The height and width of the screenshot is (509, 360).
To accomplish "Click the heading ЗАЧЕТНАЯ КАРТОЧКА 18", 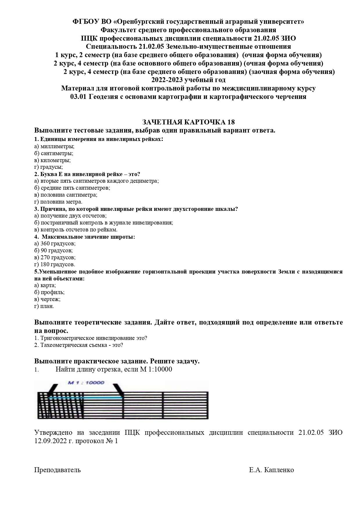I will [x=188, y=122].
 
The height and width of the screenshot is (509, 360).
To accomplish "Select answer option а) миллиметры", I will [x=54, y=146].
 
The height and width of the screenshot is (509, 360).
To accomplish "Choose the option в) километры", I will [x=52, y=160].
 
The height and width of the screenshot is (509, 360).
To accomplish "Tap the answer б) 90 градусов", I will [x=53, y=250].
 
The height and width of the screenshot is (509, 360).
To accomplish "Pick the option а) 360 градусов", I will [x=55, y=243].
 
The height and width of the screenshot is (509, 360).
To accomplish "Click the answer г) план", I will [x=44, y=306].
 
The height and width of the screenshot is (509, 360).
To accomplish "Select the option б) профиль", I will [x=49, y=292].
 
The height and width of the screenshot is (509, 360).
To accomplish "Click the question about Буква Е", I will [x=87, y=174].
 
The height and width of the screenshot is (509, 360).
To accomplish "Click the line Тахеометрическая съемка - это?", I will [x=79, y=345].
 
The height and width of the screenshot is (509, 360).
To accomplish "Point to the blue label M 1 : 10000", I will [x=86, y=383].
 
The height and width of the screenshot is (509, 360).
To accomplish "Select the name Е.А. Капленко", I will [x=271, y=470].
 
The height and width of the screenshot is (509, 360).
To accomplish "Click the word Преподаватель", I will [x=57, y=470].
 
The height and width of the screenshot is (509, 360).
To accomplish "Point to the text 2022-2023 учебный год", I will [x=188, y=80].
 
